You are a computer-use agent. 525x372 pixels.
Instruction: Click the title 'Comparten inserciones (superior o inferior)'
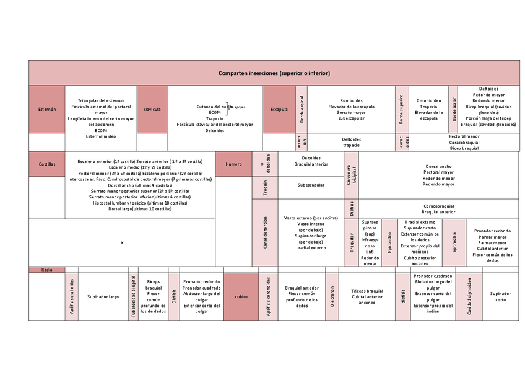(x=274, y=73)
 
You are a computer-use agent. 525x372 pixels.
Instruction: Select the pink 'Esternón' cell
(x=47, y=109)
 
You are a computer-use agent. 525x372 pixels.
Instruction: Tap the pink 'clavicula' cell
(x=152, y=109)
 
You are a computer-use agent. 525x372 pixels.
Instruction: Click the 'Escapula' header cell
(x=279, y=109)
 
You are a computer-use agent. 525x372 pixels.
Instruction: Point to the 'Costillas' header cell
(x=47, y=164)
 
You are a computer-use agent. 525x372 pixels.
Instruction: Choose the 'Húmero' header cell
(x=233, y=164)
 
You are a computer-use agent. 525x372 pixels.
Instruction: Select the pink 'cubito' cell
(x=241, y=297)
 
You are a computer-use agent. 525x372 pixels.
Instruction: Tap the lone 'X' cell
(x=122, y=242)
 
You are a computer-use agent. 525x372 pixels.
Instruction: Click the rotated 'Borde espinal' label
(x=302, y=109)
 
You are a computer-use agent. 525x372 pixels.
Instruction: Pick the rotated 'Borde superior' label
(x=401, y=109)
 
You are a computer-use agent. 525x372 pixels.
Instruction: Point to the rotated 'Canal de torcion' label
(x=265, y=233)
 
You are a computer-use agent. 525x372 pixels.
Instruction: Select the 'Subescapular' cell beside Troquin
(x=311, y=184)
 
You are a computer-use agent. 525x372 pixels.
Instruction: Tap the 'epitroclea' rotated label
(x=455, y=242)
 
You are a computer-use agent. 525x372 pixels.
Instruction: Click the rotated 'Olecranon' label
(x=332, y=297)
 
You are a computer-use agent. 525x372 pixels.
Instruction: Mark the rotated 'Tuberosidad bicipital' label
(x=133, y=297)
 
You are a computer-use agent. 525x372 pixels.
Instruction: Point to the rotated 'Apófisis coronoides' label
(x=268, y=297)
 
